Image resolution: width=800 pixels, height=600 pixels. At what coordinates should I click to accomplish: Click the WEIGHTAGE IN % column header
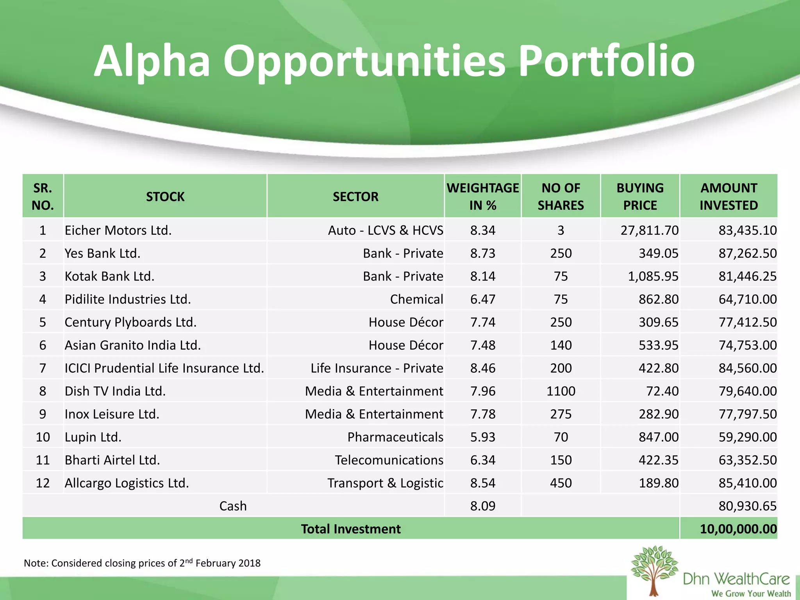pos(483,196)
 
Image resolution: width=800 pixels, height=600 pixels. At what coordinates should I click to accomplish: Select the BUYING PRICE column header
pos(640,196)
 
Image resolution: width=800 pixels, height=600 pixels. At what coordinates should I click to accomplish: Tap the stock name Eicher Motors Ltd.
pos(118,230)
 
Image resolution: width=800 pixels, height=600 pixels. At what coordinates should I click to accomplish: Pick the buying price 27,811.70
pos(649,230)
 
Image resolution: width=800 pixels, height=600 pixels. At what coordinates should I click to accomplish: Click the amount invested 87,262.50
pos(747,253)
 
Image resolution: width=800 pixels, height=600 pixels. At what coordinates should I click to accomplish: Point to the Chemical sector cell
pos(416,299)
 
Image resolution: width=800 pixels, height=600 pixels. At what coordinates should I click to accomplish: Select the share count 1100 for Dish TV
pos(561,391)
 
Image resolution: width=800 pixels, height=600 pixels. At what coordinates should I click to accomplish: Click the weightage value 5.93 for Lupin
pos(483,437)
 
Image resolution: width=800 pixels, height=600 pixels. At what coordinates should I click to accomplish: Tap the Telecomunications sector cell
pos(389,460)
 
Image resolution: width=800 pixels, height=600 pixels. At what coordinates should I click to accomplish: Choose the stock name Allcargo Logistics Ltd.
pos(127,483)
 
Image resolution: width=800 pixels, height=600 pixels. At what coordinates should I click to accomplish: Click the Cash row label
pos(233,506)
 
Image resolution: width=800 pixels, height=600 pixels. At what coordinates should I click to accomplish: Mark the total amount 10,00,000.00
pos(738,529)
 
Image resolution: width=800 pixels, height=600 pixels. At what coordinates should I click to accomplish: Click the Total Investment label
pos(350,529)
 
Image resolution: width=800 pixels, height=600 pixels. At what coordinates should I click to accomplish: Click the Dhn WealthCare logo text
pos(736,579)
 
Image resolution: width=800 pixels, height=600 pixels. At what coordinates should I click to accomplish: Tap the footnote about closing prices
pos(142,563)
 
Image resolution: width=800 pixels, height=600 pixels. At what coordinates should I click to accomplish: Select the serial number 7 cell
pos(43,368)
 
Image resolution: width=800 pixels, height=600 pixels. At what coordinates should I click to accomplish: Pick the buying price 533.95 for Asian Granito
pos(658,345)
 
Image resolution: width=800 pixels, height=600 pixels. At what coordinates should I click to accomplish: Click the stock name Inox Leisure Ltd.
pos(112,414)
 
